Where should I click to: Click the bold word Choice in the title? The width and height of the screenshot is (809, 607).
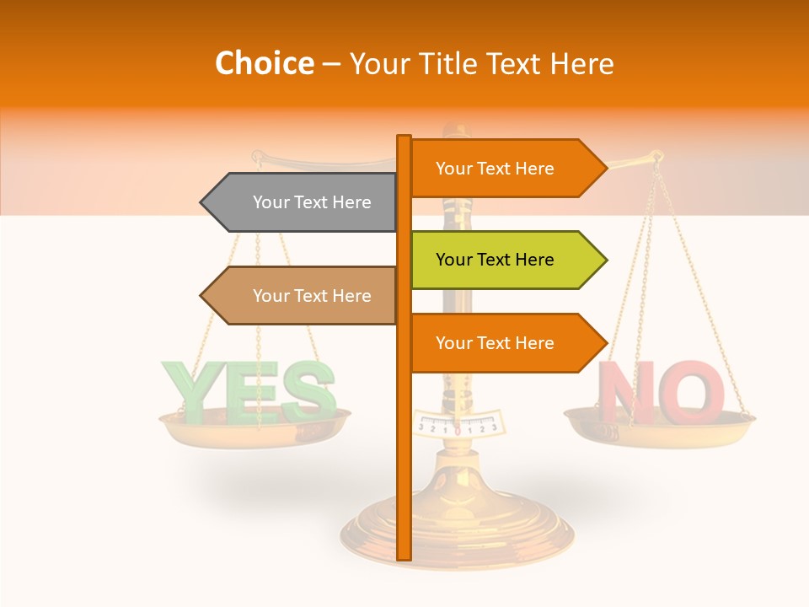click(x=264, y=64)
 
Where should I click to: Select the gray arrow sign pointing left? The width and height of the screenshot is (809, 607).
click(x=303, y=202)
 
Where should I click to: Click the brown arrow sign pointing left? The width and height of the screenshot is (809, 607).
click(x=303, y=296)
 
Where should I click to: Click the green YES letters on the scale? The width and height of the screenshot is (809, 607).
click(x=249, y=391)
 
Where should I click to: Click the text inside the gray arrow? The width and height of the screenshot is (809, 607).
click(x=312, y=202)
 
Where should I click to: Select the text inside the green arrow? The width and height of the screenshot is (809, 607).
click(x=495, y=260)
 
